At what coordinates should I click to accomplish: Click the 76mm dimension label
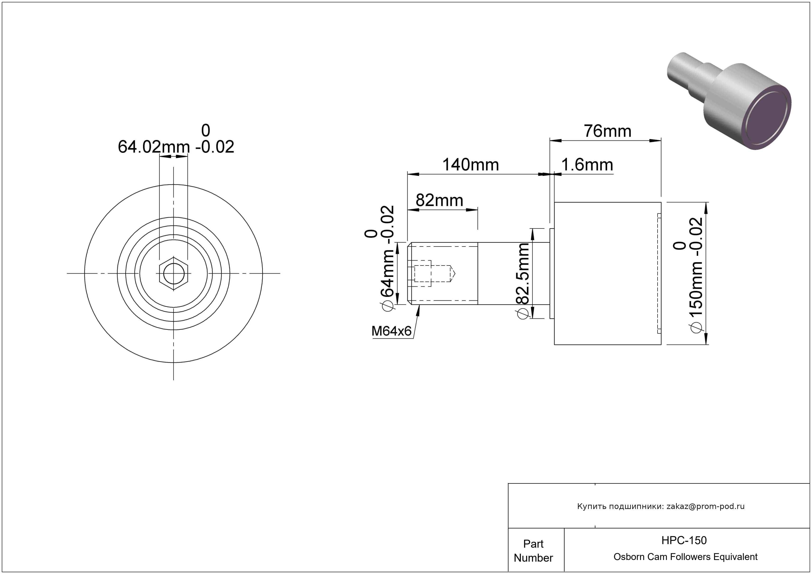click(x=607, y=131)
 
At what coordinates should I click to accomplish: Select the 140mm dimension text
click(x=471, y=165)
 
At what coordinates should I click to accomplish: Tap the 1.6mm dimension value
click(x=587, y=165)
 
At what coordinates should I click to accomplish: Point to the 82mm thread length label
click(x=439, y=201)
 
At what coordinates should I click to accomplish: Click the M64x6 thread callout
click(x=391, y=331)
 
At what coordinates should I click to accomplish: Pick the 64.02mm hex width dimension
click(x=154, y=147)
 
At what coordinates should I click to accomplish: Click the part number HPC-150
click(x=684, y=540)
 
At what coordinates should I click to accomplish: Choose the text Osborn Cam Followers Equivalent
click(x=685, y=557)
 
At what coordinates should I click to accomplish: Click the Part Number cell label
click(x=533, y=551)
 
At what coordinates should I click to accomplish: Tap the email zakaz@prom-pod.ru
click(x=705, y=506)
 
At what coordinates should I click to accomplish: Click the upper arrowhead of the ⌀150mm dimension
click(x=706, y=208)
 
